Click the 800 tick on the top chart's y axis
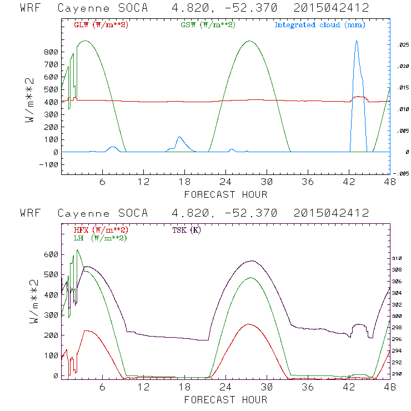click(x=51, y=52)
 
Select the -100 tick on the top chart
click(x=49, y=165)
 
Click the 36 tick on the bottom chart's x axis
click(x=308, y=387)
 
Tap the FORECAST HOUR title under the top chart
click(x=225, y=194)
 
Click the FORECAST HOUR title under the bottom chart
click(x=225, y=399)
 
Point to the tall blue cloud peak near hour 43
click(x=357, y=41)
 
